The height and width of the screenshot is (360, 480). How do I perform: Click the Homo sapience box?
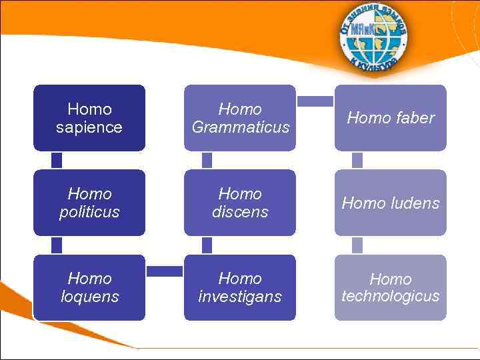click(x=89, y=118)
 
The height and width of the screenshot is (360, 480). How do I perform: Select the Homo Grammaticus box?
click(x=240, y=118)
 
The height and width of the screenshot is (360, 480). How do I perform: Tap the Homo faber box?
click(x=391, y=118)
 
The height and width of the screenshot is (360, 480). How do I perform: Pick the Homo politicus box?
click(x=89, y=203)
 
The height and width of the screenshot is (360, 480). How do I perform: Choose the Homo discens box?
click(x=240, y=203)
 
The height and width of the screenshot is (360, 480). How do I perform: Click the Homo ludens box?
click(x=391, y=203)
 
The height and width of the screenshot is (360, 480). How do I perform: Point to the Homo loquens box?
click(x=89, y=287)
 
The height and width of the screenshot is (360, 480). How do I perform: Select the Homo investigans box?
click(x=240, y=287)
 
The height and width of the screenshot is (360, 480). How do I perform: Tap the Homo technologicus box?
click(x=391, y=287)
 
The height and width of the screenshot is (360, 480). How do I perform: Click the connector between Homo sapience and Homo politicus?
click(x=57, y=160)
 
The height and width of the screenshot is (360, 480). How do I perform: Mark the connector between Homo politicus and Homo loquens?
click(x=57, y=245)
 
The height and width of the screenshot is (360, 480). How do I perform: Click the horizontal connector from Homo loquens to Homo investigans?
click(x=165, y=271)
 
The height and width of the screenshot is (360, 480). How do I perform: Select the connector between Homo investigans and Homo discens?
click(x=207, y=245)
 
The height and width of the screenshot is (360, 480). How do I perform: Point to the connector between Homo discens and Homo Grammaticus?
click(x=207, y=160)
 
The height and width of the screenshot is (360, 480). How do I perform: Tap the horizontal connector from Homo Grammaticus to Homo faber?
click(x=315, y=101)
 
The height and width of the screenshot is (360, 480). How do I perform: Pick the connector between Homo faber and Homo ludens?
click(x=357, y=160)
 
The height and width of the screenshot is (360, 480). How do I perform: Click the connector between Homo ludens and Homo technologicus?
click(x=357, y=245)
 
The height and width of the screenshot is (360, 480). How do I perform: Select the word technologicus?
click(x=391, y=296)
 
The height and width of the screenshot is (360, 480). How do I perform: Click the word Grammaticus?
click(x=241, y=127)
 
